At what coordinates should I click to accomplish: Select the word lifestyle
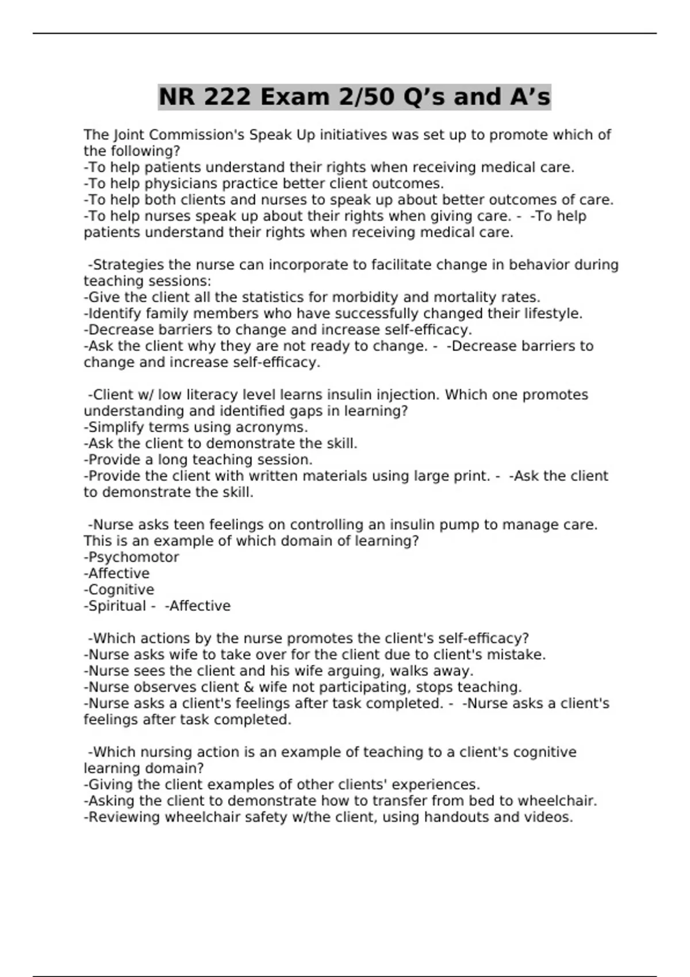tap(553, 314)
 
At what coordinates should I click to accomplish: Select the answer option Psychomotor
tap(133, 557)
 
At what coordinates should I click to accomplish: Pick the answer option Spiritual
tap(117, 606)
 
